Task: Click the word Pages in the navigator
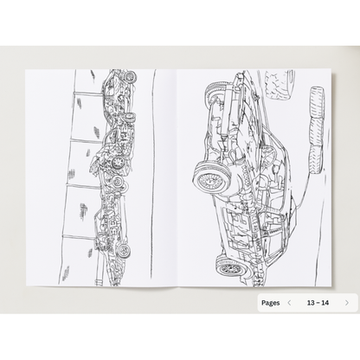click(x=270, y=303)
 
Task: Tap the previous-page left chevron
click(x=289, y=303)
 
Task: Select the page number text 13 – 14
click(x=318, y=303)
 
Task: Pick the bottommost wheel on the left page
click(x=124, y=250)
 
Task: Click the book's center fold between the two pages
click(x=177, y=173)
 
